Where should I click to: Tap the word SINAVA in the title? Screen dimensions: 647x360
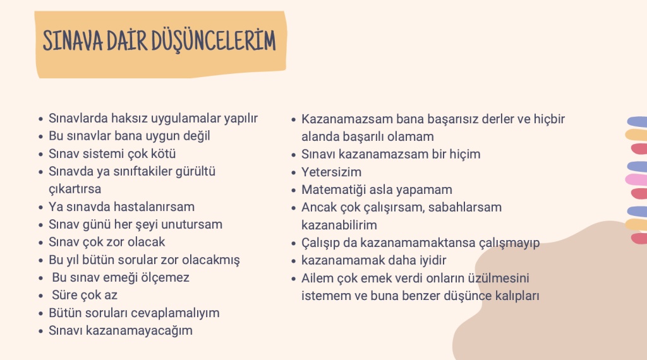[73, 41]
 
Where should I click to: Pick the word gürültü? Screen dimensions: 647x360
[196, 172]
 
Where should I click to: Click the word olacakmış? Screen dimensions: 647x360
[211, 260]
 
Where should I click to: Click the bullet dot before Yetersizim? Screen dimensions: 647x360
[293, 173]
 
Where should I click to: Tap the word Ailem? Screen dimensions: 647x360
[317, 279]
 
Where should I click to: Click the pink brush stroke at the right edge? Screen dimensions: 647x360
[636, 180]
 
